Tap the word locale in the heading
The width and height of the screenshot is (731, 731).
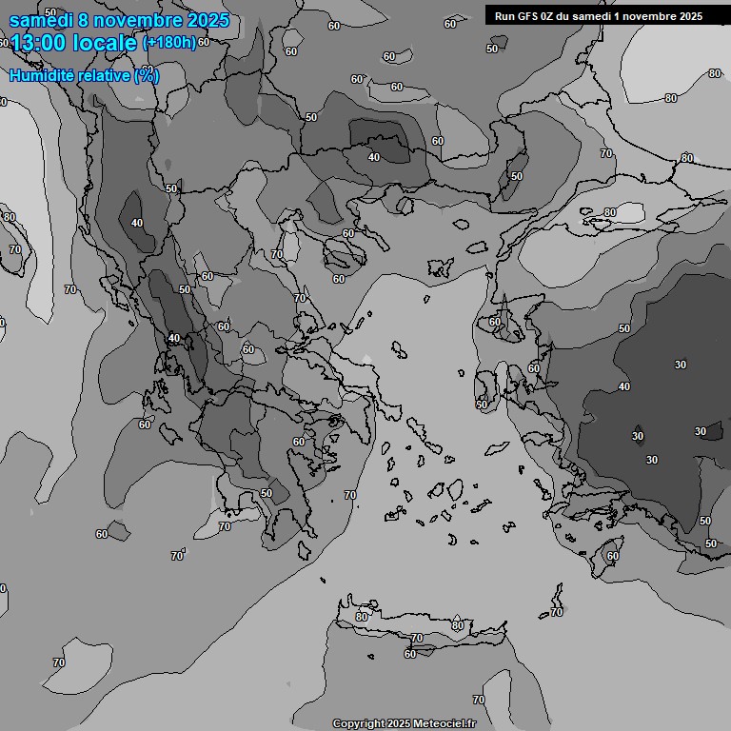[108, 43]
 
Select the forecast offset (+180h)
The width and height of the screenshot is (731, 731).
[168, 43]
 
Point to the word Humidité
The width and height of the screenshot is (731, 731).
[42, 75]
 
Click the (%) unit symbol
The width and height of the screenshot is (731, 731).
[147, 75]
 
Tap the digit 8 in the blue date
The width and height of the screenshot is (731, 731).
[85, 19]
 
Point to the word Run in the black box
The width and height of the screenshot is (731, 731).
[504, 16]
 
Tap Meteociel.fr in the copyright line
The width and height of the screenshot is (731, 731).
[440, 723]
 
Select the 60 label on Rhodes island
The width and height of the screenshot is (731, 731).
[613, 556]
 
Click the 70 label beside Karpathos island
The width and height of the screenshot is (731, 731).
[557, 612]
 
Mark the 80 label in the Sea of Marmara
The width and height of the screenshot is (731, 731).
[610, 212]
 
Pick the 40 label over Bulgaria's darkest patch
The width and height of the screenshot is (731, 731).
[374, 157]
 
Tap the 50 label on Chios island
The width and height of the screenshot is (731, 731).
[482, 405]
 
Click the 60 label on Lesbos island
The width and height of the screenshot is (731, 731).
[495, 323]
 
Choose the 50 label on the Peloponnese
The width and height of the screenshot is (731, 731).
[267, 493]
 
